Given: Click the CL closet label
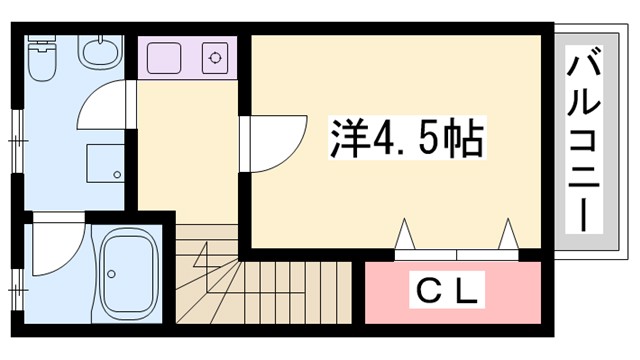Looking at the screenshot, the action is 449,292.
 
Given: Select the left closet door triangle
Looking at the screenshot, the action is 406,233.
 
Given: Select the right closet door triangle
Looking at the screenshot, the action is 507,233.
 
